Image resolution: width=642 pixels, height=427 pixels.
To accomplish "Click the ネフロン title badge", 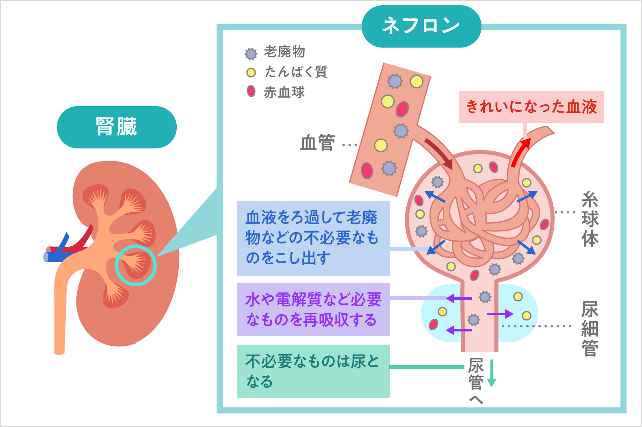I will (x=421, y=26).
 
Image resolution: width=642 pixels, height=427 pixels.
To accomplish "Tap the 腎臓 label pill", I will (x=117, y=127).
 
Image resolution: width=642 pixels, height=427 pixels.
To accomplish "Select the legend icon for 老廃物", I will (x=251, y=54).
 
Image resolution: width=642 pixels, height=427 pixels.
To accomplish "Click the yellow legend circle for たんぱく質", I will (x=251, y=73).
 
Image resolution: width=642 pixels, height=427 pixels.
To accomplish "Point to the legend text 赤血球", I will (x=284, y=92).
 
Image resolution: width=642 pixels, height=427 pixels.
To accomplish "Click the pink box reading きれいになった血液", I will (x=531, y=107).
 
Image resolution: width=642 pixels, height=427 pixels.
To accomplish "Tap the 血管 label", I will (x=317, y=143).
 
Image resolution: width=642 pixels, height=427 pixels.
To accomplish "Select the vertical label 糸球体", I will (x=590, y=219).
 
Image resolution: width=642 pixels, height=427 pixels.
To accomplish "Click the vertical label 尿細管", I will (x=590, y=329).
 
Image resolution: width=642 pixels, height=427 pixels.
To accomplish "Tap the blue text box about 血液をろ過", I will (x=313, y=238).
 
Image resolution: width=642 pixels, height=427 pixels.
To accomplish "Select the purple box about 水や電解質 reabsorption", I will (x=313, y=309).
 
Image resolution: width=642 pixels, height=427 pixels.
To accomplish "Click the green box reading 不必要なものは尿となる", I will (x=313, y=371).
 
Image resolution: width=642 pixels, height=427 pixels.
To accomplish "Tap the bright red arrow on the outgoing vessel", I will (x=520, y=152).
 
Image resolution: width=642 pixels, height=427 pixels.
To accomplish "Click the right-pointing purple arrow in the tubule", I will (x=500, y=314).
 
